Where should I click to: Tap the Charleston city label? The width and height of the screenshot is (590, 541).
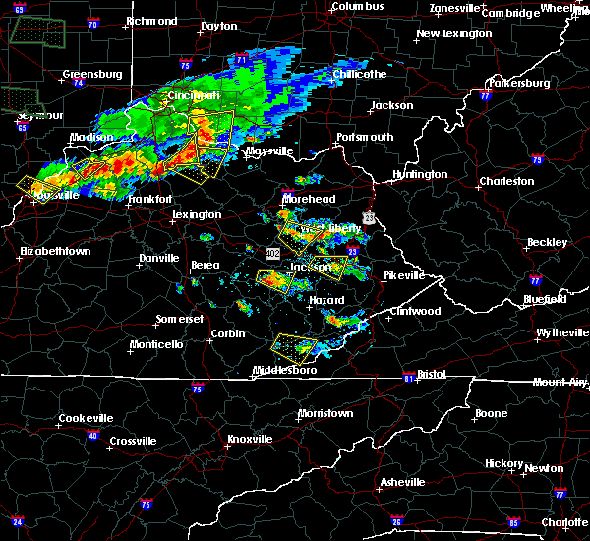[x=505, y=181]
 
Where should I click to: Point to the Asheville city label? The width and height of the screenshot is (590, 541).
[x=403, y=482]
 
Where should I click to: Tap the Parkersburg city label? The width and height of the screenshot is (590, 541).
[x=516, y=83]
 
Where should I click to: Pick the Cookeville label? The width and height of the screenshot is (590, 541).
[x=86, y=418]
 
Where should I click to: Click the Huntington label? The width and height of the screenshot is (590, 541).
[x=420, y=174]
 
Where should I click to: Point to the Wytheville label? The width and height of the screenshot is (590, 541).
[x=563, y=332]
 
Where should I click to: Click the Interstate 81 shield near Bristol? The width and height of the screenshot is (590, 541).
[x=409, y=378]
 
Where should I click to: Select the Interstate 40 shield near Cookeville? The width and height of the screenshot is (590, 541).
[x=92, y=436]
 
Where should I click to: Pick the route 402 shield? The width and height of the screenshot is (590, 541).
[x=272, y=253]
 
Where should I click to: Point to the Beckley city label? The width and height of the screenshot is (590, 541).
[x=548, y=242]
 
